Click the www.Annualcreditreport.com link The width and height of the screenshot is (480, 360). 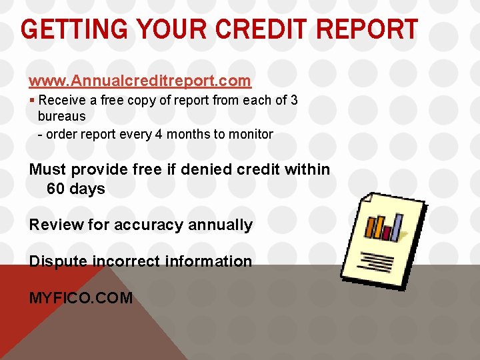(x=140, y=81)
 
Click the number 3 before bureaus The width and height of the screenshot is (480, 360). (x=294, y=100)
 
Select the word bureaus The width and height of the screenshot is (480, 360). (x=61, y=116)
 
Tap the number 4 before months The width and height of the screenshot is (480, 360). (x=158, y=134)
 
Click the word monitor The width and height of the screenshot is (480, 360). (x=251, y=134)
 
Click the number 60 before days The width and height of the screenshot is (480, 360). (x=55, y=189)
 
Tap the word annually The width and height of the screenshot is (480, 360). (x=220, y=225)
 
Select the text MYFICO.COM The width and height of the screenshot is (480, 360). (x=81, y=298)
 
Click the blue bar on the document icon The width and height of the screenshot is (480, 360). (x=397, y=227)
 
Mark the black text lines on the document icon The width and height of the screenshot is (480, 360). (x=376, y=259)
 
